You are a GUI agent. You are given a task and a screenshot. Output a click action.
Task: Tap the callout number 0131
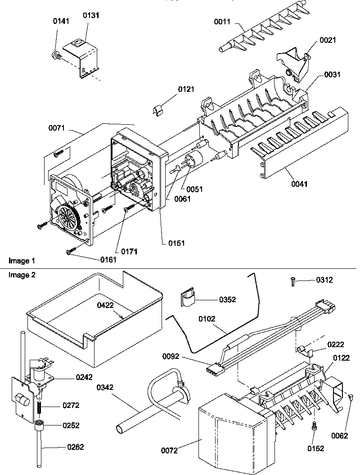click(91, 15)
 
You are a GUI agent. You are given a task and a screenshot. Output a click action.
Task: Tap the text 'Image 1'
click(21, 261)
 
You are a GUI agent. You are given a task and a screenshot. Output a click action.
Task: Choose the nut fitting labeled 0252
click(39, 424)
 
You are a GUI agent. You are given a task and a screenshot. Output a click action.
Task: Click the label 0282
click(75, 447)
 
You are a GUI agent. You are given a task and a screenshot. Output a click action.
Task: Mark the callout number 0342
click(104, 386)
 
